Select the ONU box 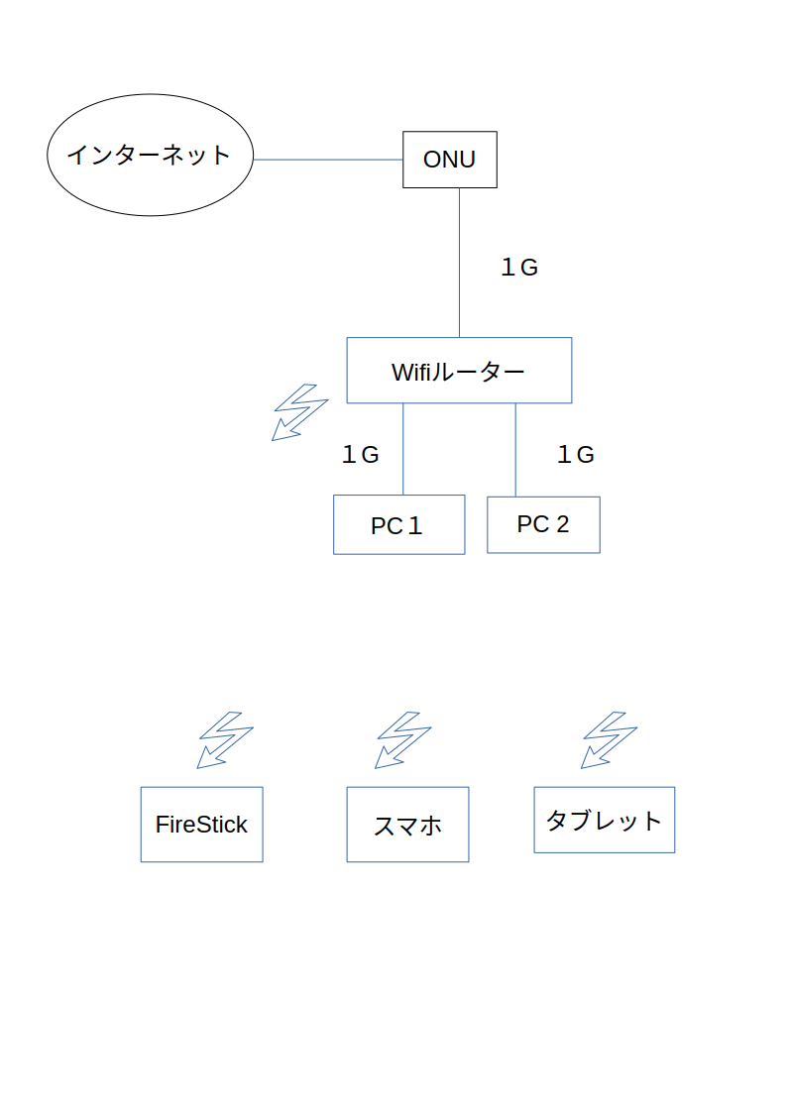(x=449, y=160)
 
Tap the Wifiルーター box (x=459, y=371)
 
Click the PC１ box (x=398, y=524)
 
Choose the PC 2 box (x=543, y=524)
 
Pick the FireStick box (x=201, y=825)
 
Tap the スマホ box (x=407, y=825)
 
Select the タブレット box (x=604, y=820)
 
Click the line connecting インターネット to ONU (x=328, y=160)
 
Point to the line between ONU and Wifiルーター (x=459, y=263)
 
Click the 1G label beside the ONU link (x=518, y=267)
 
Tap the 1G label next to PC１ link (x=360, y=455)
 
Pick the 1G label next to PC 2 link (x=575, y=455)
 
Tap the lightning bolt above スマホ (x=402, y=739)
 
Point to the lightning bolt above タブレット (x=608, y=739)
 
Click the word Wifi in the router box (x=412, y=373)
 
